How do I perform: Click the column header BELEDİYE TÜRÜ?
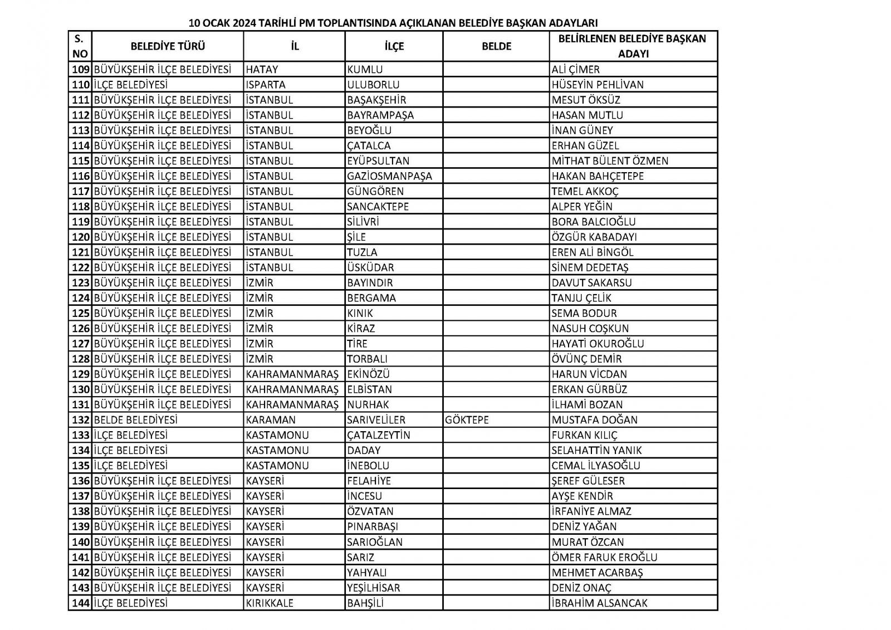[x=168, y=46]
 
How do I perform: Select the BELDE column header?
[x=496, y=46]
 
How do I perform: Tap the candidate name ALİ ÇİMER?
[x=575, y=70]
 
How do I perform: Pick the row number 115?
[x=81, y=161]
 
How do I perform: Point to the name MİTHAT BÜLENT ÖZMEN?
[x=610, y=161]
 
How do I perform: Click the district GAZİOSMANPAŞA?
[x=389, y=176]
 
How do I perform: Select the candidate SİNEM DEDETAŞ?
[x=590, y=267]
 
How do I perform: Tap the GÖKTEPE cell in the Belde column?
[x=467, y=420]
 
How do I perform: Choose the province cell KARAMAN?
[x=271, y=420]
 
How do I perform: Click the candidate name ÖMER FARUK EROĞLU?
[x=604, y=557]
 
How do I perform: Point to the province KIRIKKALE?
[x=270, y=603]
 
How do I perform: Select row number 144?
[x=81, y=603]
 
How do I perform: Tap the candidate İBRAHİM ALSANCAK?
[x=599, y=603]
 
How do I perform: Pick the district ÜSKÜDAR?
[x=370, y=267]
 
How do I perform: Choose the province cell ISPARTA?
[x=266, y=85]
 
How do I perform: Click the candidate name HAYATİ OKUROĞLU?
[x=598, y=344]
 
